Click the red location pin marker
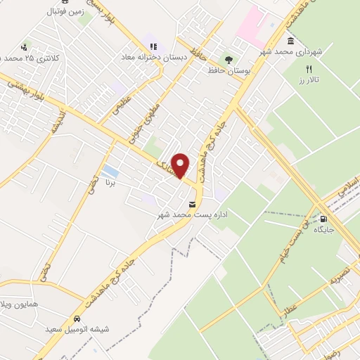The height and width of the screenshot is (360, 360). pyautogui.click(x=181, y=165)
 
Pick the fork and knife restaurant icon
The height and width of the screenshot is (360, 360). pyautogui.click(x=307, y=70)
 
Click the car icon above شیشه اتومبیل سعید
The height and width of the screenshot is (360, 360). pyautogui.click(x=76, y=319)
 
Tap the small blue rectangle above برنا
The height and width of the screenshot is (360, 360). pyautogui.click(x=110, y=172)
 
